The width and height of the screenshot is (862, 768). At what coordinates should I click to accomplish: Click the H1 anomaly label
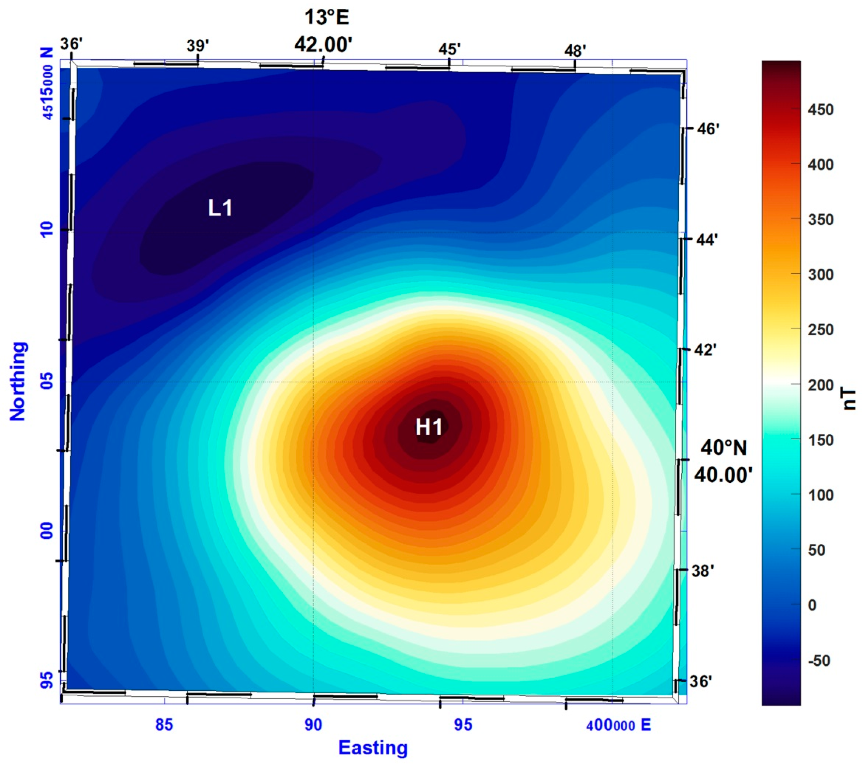click(x=429, y=427)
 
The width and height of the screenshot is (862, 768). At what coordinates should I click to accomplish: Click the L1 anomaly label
click(x=220, y=208)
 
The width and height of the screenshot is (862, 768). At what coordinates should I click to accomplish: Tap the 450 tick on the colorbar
click(x=821, y=110)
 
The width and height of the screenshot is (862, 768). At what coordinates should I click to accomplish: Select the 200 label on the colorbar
click(x=821, y=385)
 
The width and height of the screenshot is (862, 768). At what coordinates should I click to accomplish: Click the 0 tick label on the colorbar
click(x=812, y=605)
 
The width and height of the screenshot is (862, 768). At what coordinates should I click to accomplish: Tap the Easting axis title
click(x=373, y=748)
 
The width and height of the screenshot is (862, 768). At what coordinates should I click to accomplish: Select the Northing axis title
click(x=18, y=381)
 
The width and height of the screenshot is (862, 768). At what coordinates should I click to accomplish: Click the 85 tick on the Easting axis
click(x=164, y=725)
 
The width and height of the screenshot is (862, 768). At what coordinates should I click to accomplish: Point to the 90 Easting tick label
click(x=313, y=725)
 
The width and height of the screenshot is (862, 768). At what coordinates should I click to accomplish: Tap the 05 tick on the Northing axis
click(x=47, y=381)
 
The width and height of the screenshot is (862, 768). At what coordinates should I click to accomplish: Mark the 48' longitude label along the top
click(x=575, y=51)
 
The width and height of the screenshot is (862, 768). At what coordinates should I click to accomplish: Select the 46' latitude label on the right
click(x=708, y=129)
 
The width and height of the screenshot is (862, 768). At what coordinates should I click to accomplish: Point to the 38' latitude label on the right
click(x=702, y=571)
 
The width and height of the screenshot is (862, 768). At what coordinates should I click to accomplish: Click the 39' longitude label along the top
click(x=197, y=45)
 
